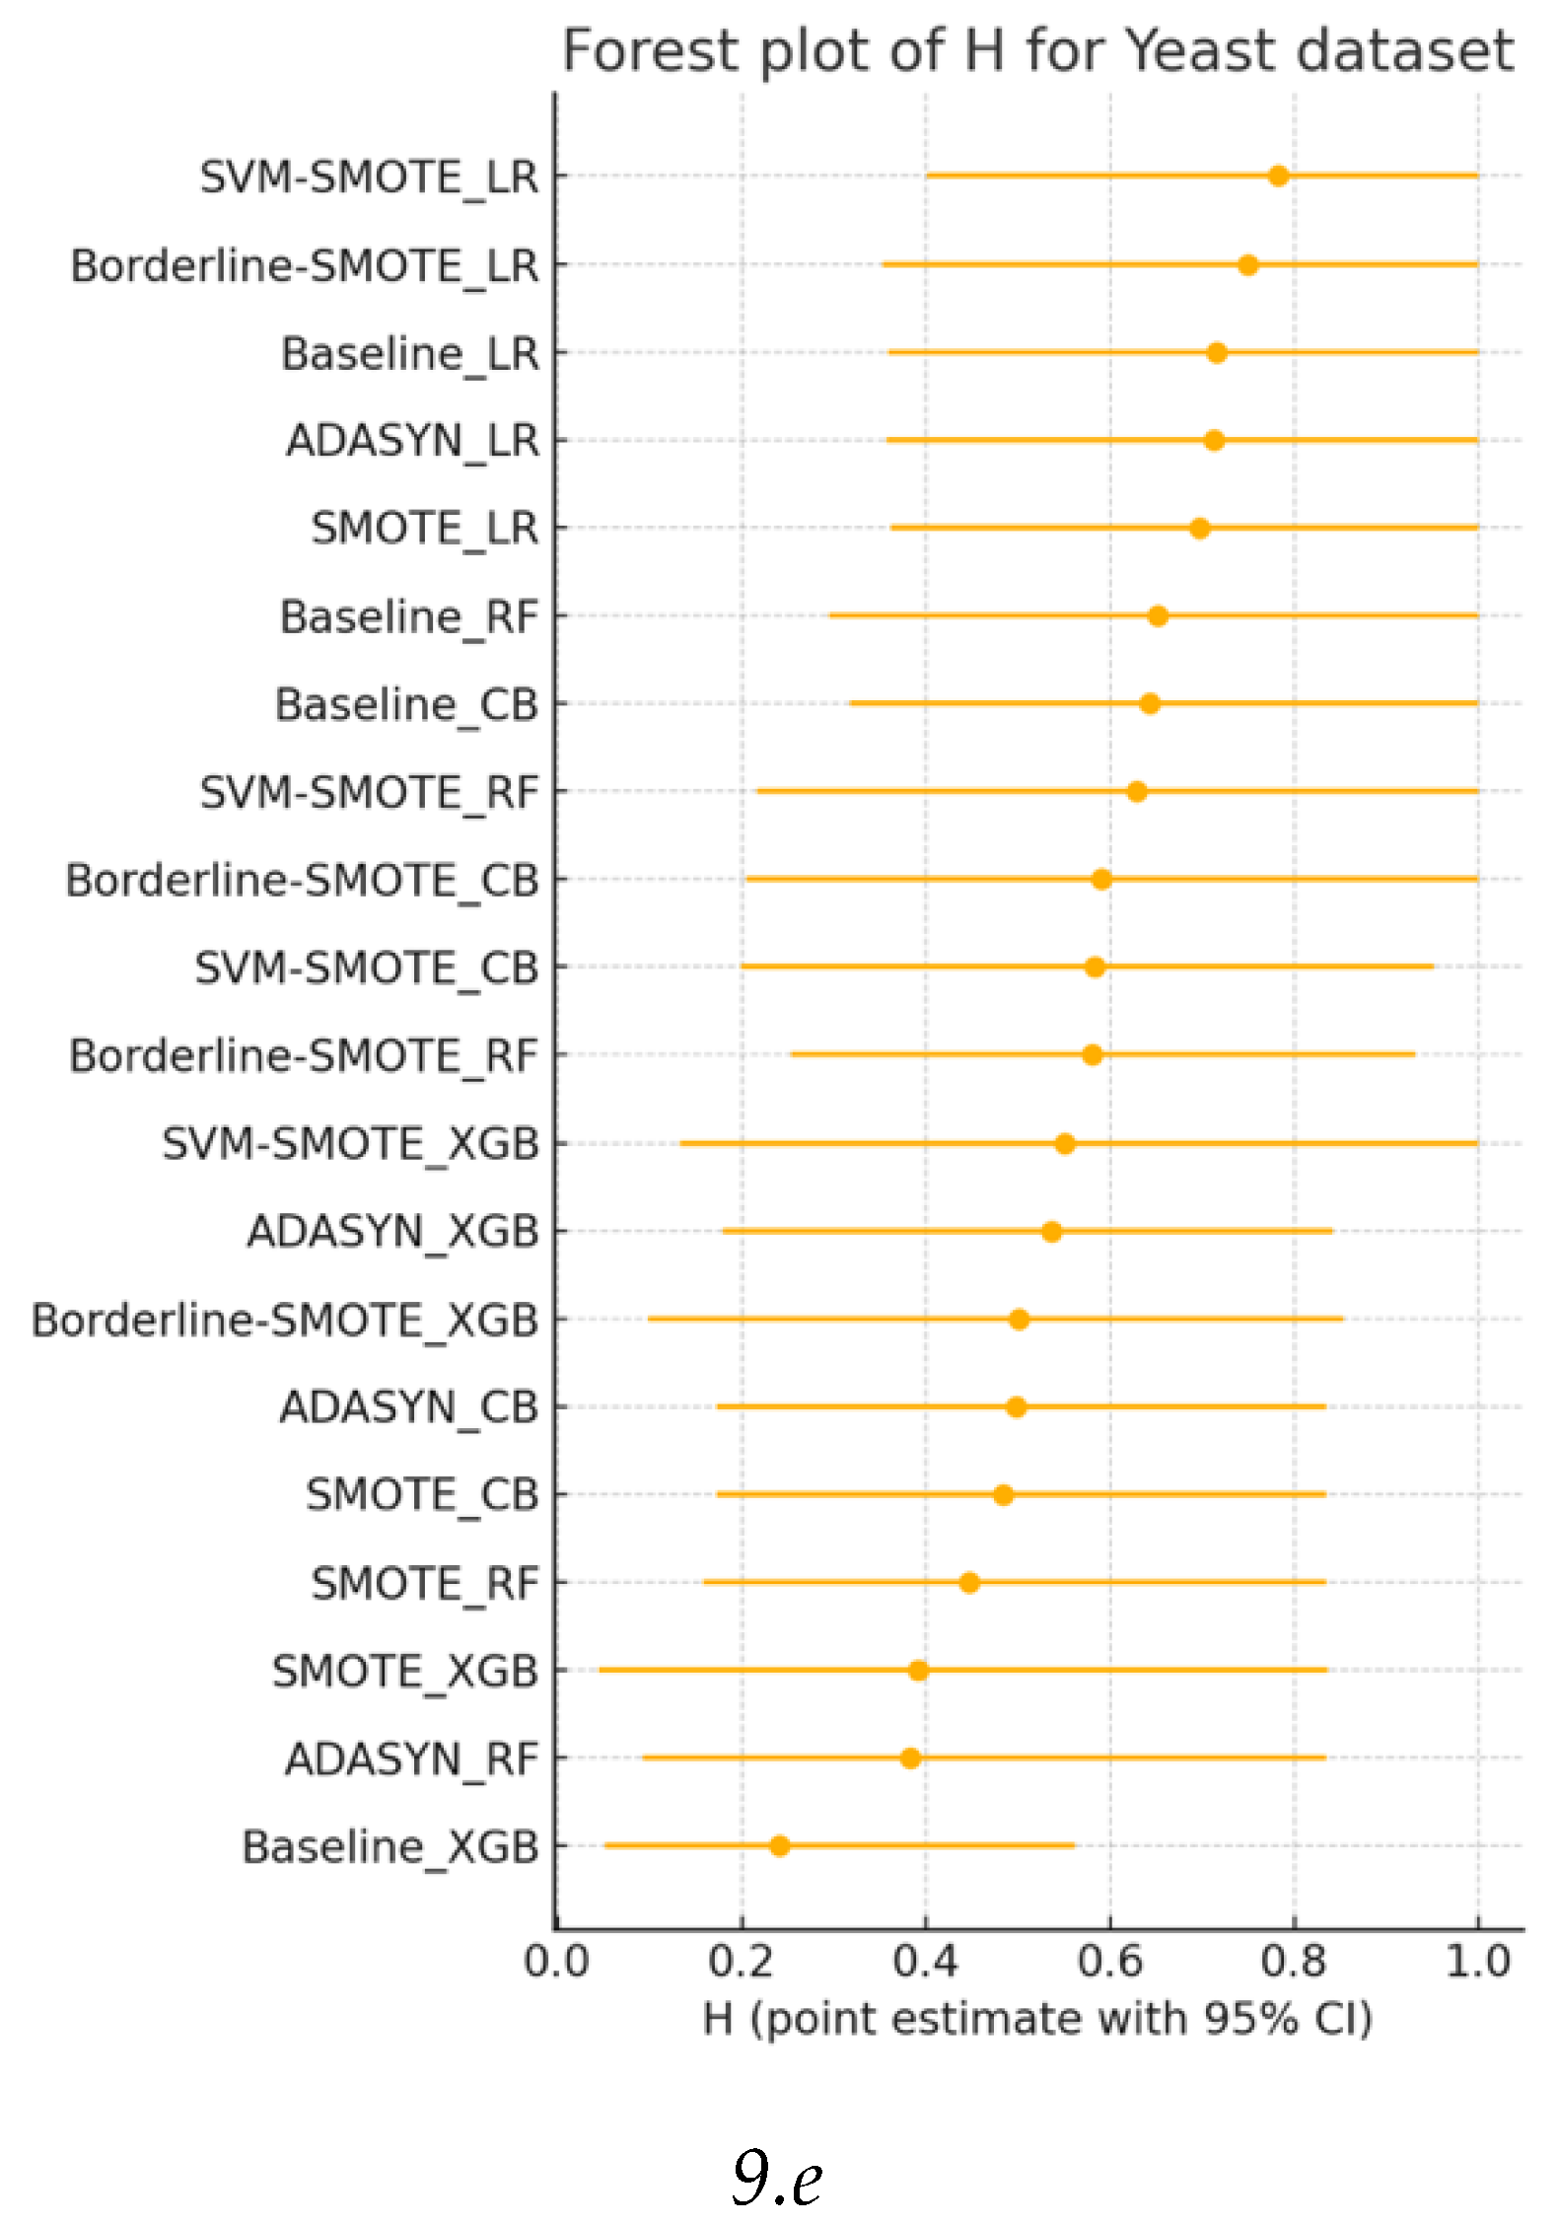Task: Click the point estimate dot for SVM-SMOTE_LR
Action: click(1278, 177)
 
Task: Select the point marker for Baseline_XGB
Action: click(779, 1845)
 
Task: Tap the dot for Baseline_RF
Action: click(1158, 616)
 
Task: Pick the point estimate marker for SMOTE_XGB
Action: click(918, 1670)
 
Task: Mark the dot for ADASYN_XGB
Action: click(1051, 1232)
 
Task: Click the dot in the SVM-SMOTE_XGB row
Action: click(1064, 1144)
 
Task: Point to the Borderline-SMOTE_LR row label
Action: click(305, 266)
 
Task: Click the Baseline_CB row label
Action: click(406, 705)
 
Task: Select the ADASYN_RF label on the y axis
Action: click(411, 1758)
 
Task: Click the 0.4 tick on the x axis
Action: click(925, 1962)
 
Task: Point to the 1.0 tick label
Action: click(1477, 1962)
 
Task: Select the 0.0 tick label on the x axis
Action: click(557, 1962)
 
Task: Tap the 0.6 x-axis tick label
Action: click(1109, 1962)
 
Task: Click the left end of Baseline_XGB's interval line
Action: click(605, 1845)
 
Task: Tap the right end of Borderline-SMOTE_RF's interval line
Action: click(1414, 1054)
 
